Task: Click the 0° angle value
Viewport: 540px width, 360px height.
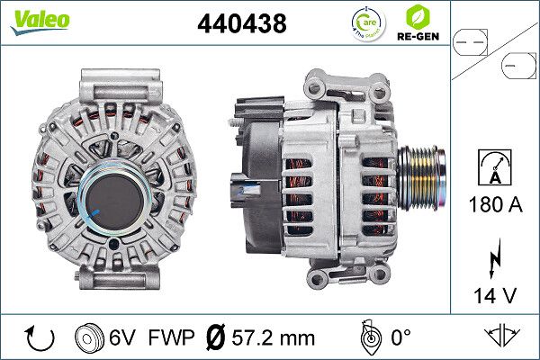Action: pos(400,338)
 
